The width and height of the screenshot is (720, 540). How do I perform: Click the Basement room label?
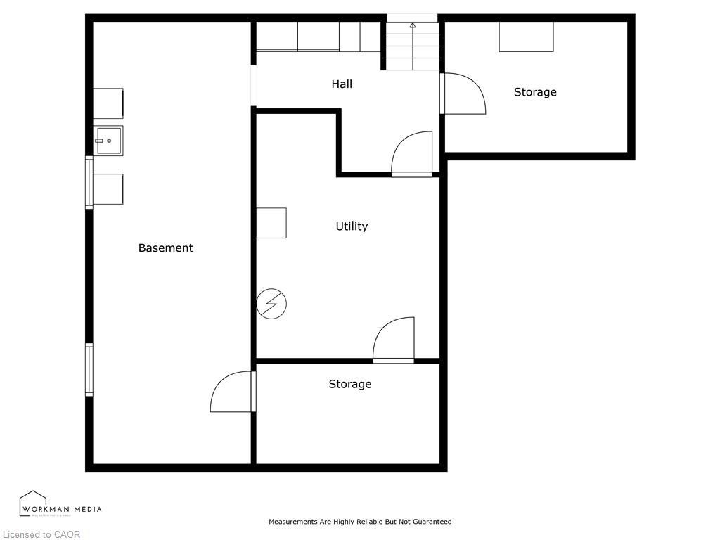(165, 247)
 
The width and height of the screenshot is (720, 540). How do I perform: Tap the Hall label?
(342, 84)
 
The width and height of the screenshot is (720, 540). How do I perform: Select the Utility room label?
(352, 226)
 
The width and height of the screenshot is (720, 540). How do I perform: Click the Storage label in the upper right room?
(535, 92)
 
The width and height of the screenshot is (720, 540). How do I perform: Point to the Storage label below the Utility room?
(350, 384)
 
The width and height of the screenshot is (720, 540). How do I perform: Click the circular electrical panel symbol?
(271, 304)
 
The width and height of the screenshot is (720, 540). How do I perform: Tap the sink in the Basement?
(108, 141)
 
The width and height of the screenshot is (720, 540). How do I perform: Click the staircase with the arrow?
(412, 45)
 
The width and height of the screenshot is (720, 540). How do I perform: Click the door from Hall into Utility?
(412, 155)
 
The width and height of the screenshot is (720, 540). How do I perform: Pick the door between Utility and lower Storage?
(394, 341)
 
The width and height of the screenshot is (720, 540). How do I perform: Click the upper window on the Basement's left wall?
(89, 183)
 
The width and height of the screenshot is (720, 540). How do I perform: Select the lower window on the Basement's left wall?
(89, 369)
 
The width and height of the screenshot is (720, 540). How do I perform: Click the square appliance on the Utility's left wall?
(271, 223)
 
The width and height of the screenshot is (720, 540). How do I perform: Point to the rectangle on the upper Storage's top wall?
(526, 37)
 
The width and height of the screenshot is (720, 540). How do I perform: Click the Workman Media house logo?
(33, 503)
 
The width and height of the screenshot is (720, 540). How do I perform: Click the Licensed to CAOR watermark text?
(41, 534)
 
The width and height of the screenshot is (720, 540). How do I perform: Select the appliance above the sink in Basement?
(108, 103)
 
